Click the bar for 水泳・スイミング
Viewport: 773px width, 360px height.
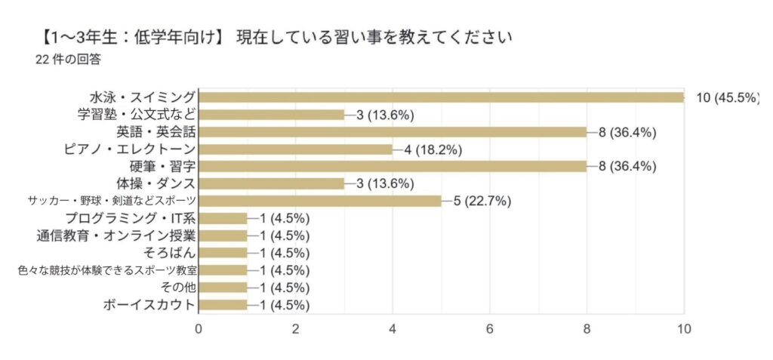[441, 97]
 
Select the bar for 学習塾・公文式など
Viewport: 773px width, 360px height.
[271, 115]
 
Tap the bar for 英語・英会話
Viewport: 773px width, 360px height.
[393, 132]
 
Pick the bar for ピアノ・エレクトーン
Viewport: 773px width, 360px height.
[295, 149]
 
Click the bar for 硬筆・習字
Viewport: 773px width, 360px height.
[393, 166]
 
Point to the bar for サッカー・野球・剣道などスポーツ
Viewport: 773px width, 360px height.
[319, 201]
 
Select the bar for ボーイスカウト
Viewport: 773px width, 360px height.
[223, 305]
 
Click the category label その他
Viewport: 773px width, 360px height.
[179, 288]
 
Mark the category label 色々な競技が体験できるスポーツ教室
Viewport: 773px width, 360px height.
[106, 270]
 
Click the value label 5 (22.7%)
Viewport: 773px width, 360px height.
[483, 201]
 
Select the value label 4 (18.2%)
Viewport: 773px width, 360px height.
[433, 149]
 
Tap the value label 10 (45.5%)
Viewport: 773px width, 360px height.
[728, 97]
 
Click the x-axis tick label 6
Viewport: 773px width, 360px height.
[490, 329]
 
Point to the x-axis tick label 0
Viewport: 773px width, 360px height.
[199, 329]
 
